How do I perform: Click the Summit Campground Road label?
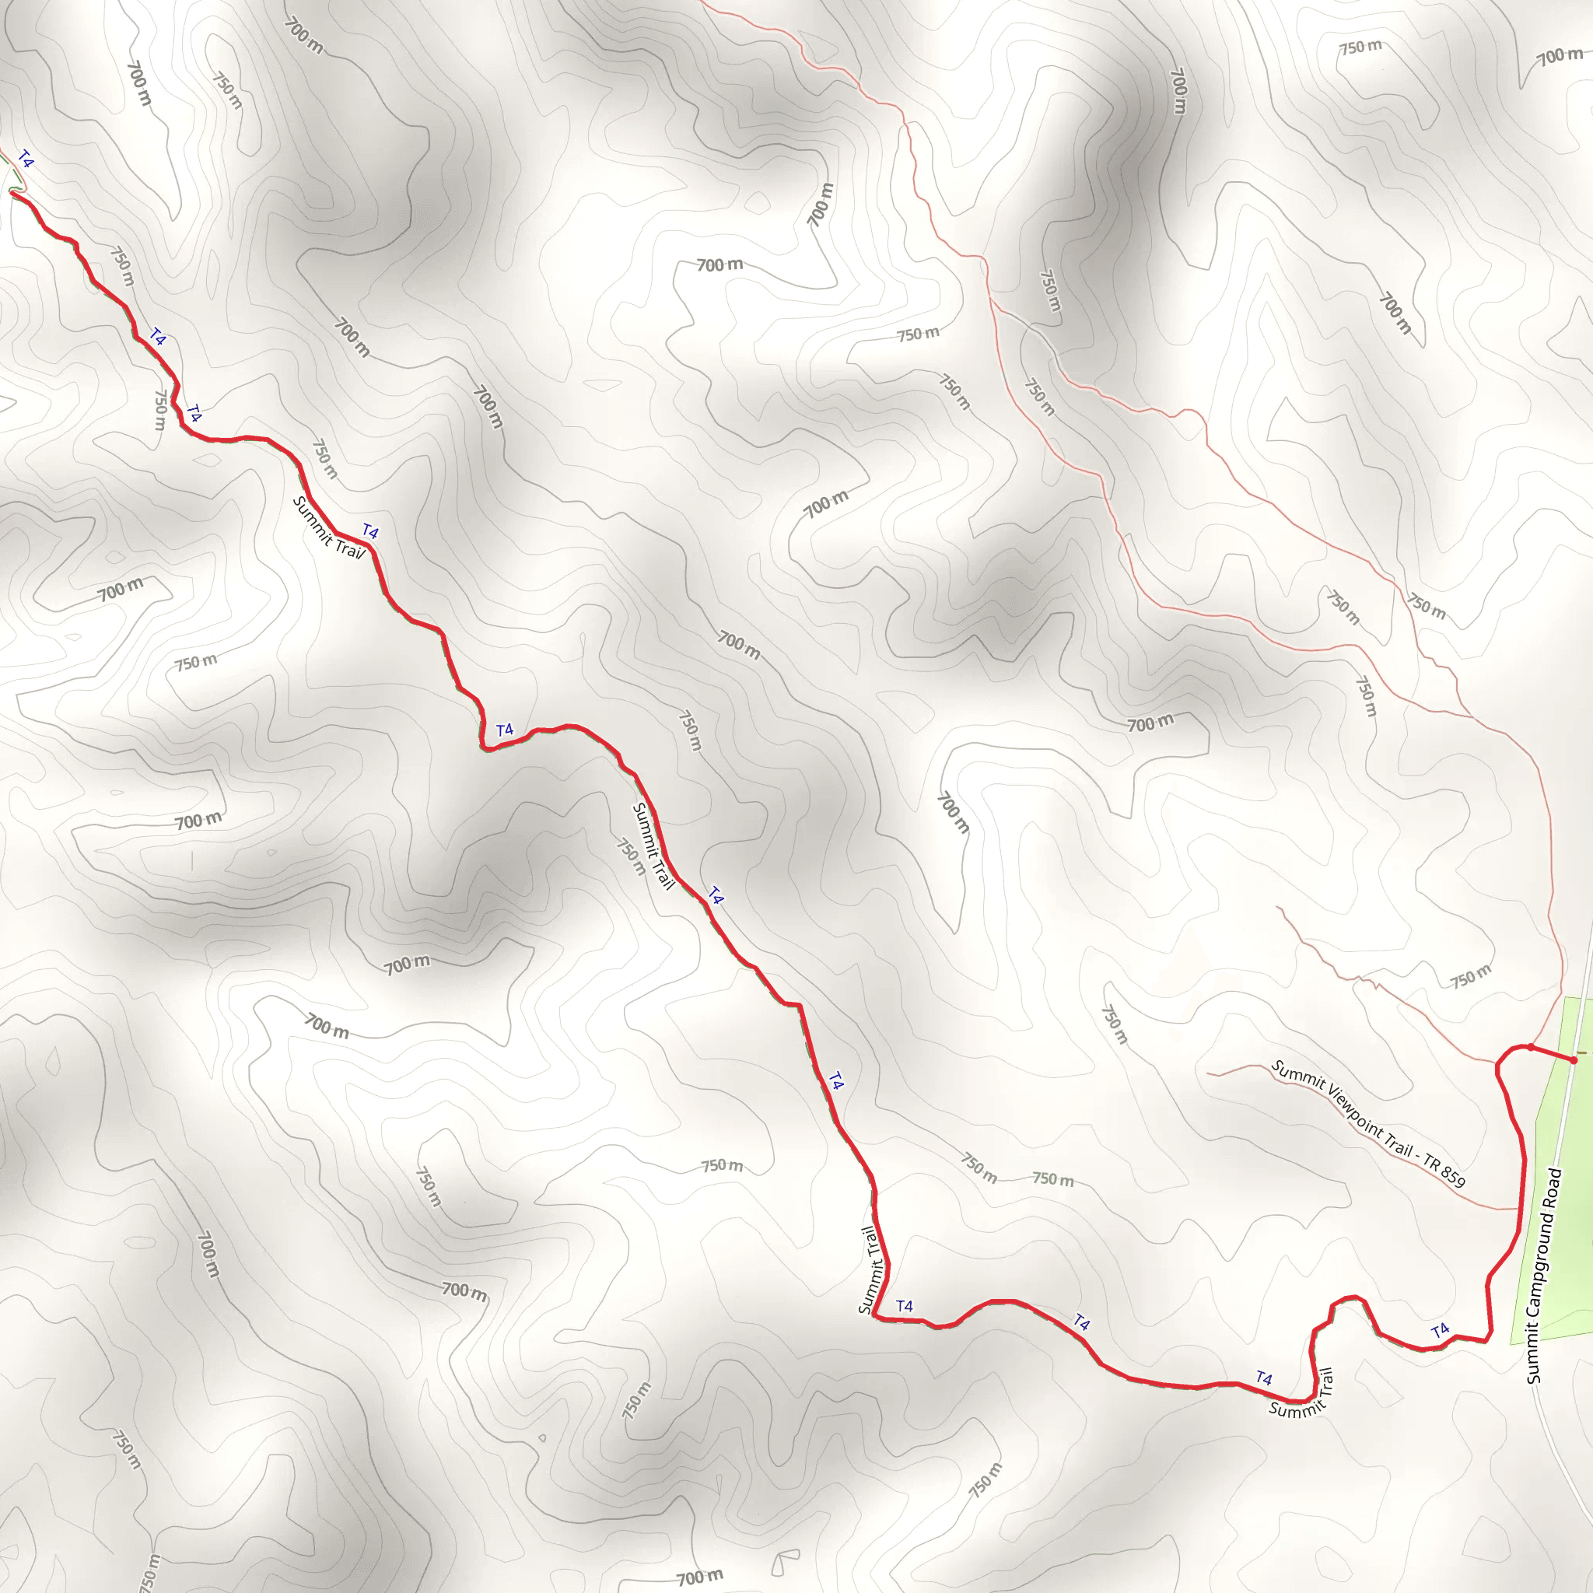[x=1544, y=1275]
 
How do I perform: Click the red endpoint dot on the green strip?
[x=1574, y=1060]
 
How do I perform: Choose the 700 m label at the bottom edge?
[x=699, y=1577]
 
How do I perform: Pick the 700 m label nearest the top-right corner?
[x=1560, y=56]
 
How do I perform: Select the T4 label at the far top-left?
[x=26, y=159]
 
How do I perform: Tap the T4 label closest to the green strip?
[x=1441, y=1330]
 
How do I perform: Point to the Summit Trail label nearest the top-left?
[x=328, y=527]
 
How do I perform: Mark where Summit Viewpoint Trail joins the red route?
[x=1519, y=1209]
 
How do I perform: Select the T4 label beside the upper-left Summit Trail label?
[x=370, y=532]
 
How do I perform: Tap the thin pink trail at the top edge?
[x=742, y=18]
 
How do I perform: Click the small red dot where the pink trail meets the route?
[x=1530, y=1047]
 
